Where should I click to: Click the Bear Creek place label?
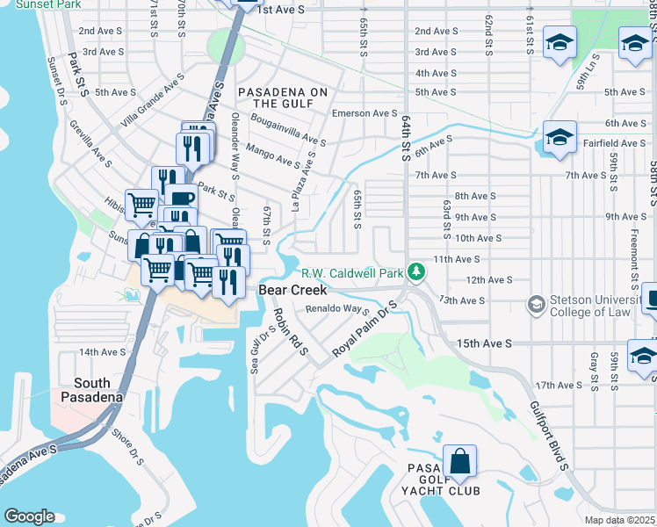click(292, 290)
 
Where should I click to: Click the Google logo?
click(29, 516)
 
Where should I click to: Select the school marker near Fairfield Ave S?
click(559, 139)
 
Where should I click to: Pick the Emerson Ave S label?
click(365, 113)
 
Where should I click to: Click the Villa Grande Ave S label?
click(154, 100)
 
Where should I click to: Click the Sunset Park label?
click(32, 4)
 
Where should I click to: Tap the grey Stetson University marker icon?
click(535, 305)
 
